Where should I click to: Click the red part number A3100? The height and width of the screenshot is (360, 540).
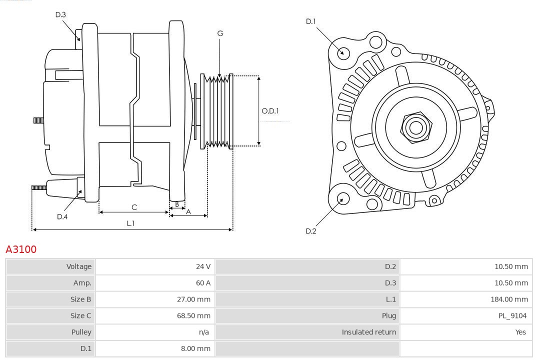(21, 249)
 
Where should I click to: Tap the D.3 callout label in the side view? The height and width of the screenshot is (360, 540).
(60, 14)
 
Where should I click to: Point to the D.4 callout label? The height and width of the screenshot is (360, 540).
(62, 216)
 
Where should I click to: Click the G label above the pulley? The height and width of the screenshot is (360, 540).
(220, 33)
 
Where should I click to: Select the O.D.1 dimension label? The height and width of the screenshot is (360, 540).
(270, 111)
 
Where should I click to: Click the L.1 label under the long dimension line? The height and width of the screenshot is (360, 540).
(130, 223)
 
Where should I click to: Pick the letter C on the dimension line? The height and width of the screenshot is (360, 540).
(134, 207)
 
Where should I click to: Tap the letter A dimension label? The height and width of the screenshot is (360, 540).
(188, 211)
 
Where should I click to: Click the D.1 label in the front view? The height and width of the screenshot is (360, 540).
(311, 21)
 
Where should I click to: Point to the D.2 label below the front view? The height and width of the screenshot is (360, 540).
(311, 231)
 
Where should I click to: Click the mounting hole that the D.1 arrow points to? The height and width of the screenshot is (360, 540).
(343, 52)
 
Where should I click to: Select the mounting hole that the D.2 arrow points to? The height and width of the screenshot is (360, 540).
(342, 198)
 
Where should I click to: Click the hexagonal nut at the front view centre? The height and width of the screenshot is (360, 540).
(415, 127)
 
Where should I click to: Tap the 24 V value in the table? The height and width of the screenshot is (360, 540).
(203, 266)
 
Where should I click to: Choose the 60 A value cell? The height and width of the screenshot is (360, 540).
(203, 283)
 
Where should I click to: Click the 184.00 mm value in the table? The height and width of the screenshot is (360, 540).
(509, 299)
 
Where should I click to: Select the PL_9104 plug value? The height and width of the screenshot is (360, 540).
(513, 315)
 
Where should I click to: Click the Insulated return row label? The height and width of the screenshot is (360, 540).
(368, 332)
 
